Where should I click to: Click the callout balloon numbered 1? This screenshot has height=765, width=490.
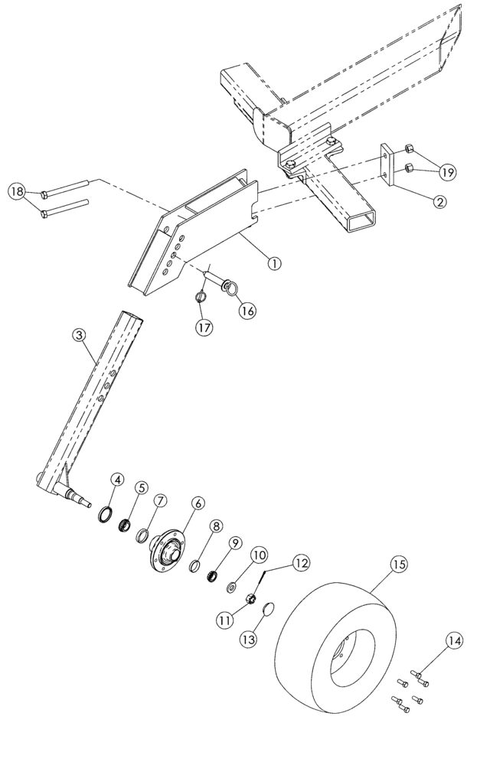(x=274, y=263)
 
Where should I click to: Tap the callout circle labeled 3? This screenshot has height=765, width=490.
(x=79, y=334)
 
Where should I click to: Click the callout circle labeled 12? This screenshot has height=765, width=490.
(x=300, y=563)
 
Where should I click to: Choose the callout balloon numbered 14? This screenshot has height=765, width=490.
(x=455, y=641)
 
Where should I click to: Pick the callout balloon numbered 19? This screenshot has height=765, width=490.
(x=447, y=172)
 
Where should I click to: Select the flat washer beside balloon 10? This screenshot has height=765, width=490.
(x=231, y=587)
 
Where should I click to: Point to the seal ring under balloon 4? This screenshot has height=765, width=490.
(x=105, y=513)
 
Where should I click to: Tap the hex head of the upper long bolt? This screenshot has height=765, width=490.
(x=44, y=194)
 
